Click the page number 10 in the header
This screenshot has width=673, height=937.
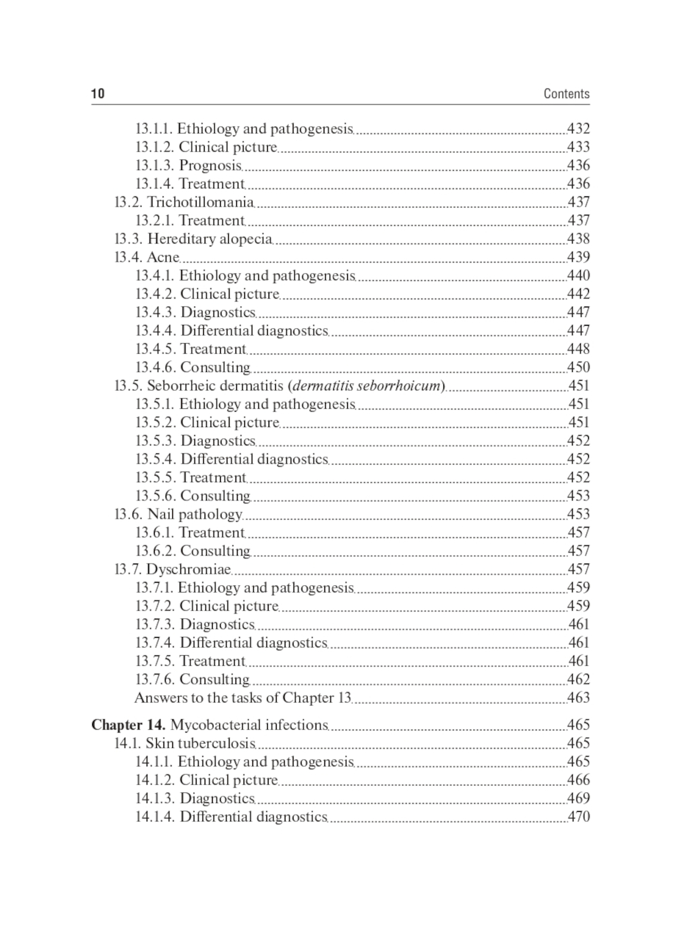pyautogui.click(x=98, y=93)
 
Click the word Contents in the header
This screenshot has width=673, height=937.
pyautogui.click(x=566, y=93)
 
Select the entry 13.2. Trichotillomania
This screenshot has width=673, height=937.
pyautogui.click(x=184, y=202)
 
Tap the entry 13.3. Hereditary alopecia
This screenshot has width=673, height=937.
pyautogui.click(x=193, y=239)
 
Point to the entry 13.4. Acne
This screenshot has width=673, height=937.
pyautogui.click(x=147, y=257)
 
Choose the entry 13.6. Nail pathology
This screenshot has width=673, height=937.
pyautogui.click(x=178, y=515)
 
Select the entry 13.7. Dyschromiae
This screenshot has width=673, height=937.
pyautogui.click(x=172, y=570)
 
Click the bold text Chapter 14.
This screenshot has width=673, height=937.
pyautogui.click(x=128, y=725)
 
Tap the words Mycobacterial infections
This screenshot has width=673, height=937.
pyautogui.click(x=248, y=725)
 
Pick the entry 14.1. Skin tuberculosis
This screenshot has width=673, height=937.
pyautogui.click(x=184, y=743)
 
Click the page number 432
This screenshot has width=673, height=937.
pyautogui.click(x=578, y=128)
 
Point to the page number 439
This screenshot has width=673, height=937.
pyautogui.click(x=578, y=257)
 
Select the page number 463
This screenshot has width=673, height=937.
pyautogui.click(x=578, y=698)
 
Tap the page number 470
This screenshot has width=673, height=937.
pyautogui.click(x=578, y=817)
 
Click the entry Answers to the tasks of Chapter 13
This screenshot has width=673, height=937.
pyautogui.click(x=242, y=698)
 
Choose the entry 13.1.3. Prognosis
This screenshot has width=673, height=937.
pyautogui.click(x=188, y=165)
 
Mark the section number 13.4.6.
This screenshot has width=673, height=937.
pyautogui.click(x=155, y=367)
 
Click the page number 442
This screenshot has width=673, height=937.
pyautogui.click(x=578, y=294)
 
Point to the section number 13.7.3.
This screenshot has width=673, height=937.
pyautogui.click(x=155, y=624)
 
